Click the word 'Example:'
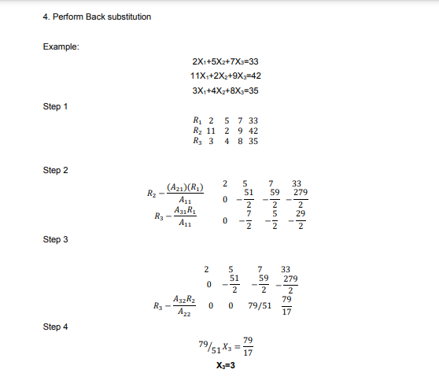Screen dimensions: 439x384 coord(60,47)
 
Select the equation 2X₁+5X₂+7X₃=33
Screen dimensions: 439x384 coord(226,61)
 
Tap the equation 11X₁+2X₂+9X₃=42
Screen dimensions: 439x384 coord(226,76)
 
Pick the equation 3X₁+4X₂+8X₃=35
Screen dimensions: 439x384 coord(226,90)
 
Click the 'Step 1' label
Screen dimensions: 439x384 coord(55,106)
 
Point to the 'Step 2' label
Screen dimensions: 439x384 coord(55,170)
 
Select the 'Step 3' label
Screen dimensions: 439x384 coord(55,239)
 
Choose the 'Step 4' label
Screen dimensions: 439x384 coord(55,327)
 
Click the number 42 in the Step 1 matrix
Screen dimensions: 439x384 coord(254,131)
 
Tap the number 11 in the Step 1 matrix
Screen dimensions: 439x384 coord(211,131)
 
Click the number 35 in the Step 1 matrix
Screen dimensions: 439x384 coord(254,142)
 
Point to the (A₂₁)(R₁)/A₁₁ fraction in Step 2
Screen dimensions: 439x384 coord(186,194)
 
